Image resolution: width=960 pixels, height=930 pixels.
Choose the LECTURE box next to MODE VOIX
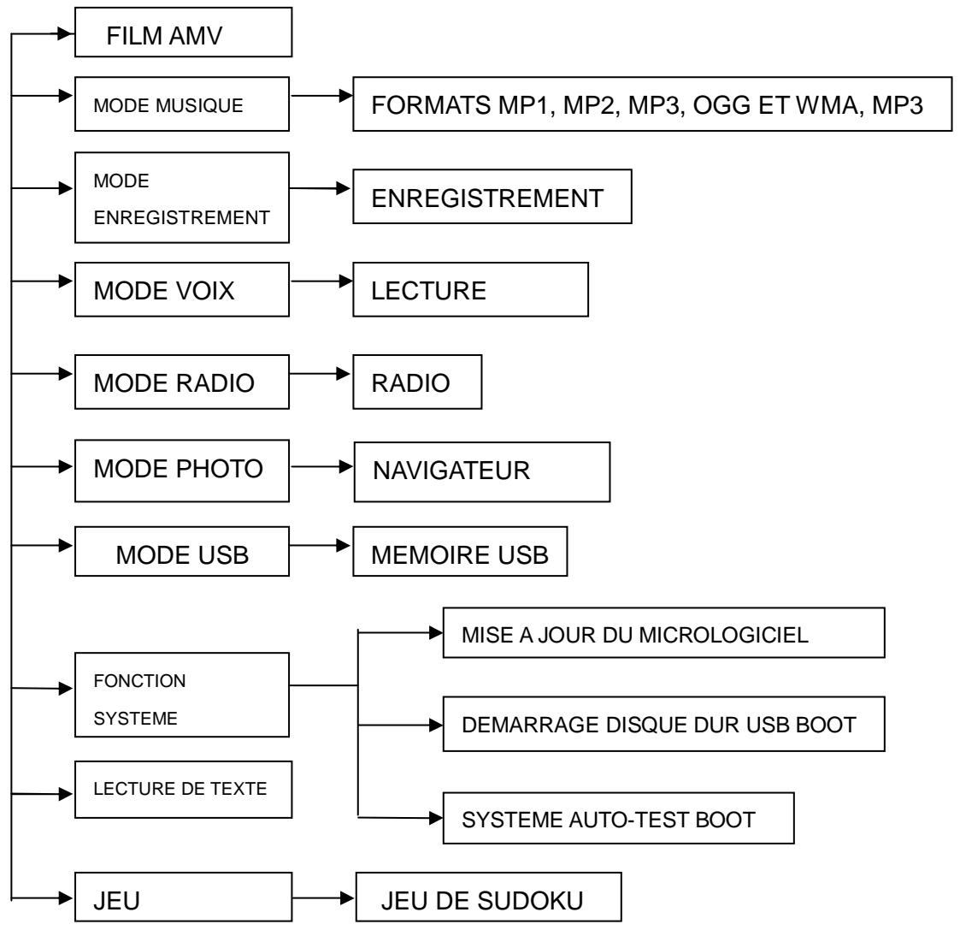pos(471,289)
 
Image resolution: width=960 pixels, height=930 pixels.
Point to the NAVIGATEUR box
pos(482,471)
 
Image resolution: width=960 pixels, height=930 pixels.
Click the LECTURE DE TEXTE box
pos(184,788)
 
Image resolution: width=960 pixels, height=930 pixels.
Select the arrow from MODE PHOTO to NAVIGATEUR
pos(322,469)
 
